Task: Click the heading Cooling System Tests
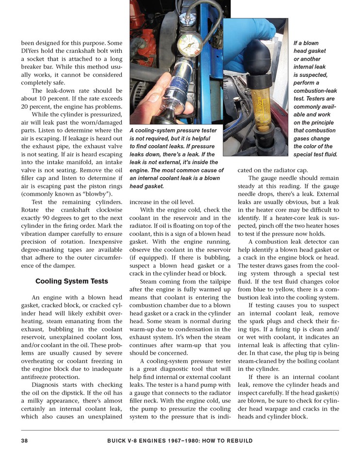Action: click(x=71, y=281)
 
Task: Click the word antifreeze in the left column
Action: click(x=39, y=377)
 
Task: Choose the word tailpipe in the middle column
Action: click(x=218, y=282)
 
